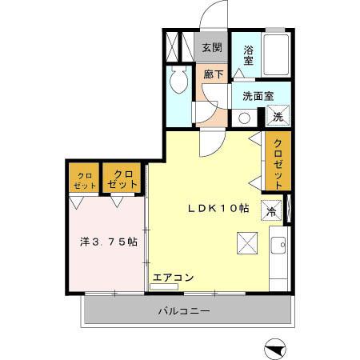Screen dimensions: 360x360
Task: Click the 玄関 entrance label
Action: [211, 47]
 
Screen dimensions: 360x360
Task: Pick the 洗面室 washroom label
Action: [258, 96]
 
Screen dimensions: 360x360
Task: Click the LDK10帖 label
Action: [218, 208]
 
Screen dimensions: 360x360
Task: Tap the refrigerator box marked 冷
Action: [272, 211]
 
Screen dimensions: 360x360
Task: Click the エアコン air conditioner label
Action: [173, 278]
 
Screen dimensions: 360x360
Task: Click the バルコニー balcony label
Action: [182, 310]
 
